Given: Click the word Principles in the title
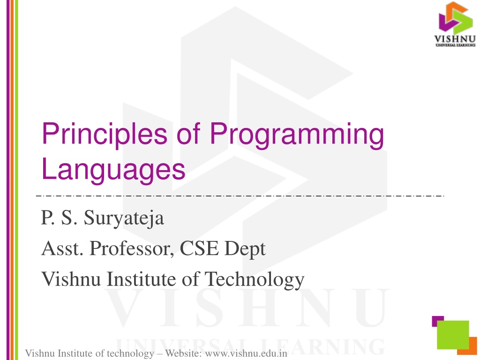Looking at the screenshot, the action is [x=105, y=135].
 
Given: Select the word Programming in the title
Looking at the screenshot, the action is [x=297, y=135].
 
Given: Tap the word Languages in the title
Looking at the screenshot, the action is [x=113, y=170].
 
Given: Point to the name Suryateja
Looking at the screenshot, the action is [x=124, y=218].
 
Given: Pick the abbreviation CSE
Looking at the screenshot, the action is [x=199, y=248].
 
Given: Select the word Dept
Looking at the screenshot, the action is [x=245, y=249].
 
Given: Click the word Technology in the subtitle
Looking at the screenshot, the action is [x=255, y=279].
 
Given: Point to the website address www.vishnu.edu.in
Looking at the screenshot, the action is [x=246, y=353].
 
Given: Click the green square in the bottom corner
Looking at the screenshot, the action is [x=453, y=335].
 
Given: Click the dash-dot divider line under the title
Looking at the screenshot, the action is [x=240, y=196].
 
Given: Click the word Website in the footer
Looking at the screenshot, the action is [x=183, y=353].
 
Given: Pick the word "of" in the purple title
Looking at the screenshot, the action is [x=188, y=134].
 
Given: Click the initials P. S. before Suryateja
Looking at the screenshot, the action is [x=59, y=217].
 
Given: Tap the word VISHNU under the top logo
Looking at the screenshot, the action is [x=455, y=39].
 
